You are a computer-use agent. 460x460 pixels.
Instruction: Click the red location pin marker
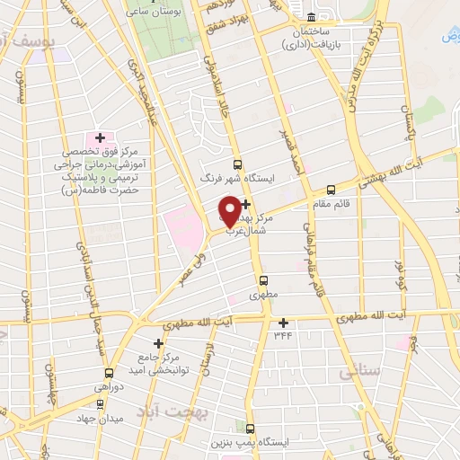tap(229, 210)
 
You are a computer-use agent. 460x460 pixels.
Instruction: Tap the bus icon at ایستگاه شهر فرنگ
tap(237, 164)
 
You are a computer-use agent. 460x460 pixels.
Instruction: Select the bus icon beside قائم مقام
tap(332, 190)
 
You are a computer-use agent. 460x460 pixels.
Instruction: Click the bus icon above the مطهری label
tap(262, 279)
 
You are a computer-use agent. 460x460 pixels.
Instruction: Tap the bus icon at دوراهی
tap(109, 373)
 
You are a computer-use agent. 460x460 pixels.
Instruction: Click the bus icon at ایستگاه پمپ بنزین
tap(252, 429)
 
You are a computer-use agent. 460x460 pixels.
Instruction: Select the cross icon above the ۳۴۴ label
tap(284, 323)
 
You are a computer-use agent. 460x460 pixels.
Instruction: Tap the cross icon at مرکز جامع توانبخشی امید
tap(158, 342)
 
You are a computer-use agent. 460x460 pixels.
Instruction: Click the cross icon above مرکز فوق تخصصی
tap(100, 137)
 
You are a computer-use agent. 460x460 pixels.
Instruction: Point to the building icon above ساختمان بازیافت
tap(311, 17)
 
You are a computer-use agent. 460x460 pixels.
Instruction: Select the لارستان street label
tap(209, 354)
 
